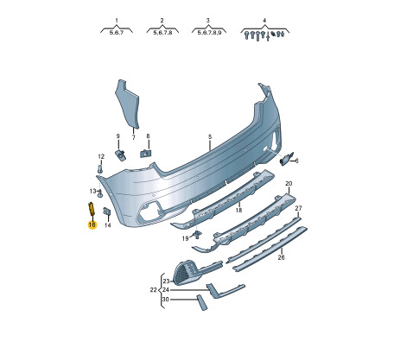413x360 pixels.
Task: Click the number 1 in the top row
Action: tap(117, 21)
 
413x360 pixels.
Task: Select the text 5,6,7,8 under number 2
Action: tap(162, 33)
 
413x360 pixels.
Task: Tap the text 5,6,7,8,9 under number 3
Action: tap(209, 33)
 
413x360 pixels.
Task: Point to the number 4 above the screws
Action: tap(264, 21)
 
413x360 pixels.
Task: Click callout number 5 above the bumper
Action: tap(210, 137)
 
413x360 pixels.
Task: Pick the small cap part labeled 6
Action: tap(286, 159)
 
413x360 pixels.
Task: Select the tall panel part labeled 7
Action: tap(127, 104)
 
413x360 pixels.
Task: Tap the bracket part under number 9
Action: tap(120, 155)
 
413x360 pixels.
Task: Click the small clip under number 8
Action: tap(146, 153)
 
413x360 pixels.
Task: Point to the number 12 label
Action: tap(101, 157)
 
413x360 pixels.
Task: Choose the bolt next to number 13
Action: tap(100, 193)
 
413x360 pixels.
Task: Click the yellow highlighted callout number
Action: tap(92, 224)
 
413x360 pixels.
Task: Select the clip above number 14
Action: tap(107, 212)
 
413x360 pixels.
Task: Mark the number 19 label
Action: tap(185, 238)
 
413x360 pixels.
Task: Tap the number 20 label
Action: tap(289, 183)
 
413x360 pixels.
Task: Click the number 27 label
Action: tap(298, 208)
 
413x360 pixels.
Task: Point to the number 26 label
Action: tap(281, 257)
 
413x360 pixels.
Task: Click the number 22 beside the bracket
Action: tap(153, 290)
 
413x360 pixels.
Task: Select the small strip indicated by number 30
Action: tap(201, 302)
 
